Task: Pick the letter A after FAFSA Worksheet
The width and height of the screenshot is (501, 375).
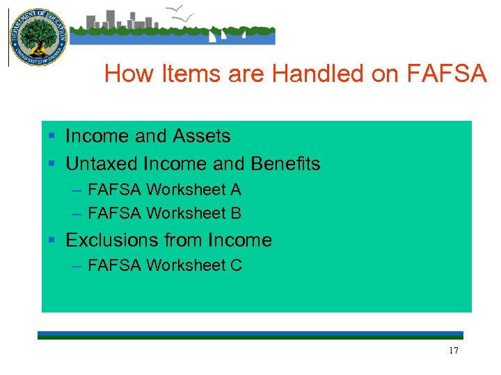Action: (236, 190)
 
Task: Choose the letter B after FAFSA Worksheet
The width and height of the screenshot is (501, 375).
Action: (236, 213)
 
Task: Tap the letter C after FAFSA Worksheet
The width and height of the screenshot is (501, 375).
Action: (237, 265)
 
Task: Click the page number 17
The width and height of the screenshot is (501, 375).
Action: (454, 351)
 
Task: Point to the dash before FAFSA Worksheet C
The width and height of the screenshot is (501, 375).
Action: (75, 265)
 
